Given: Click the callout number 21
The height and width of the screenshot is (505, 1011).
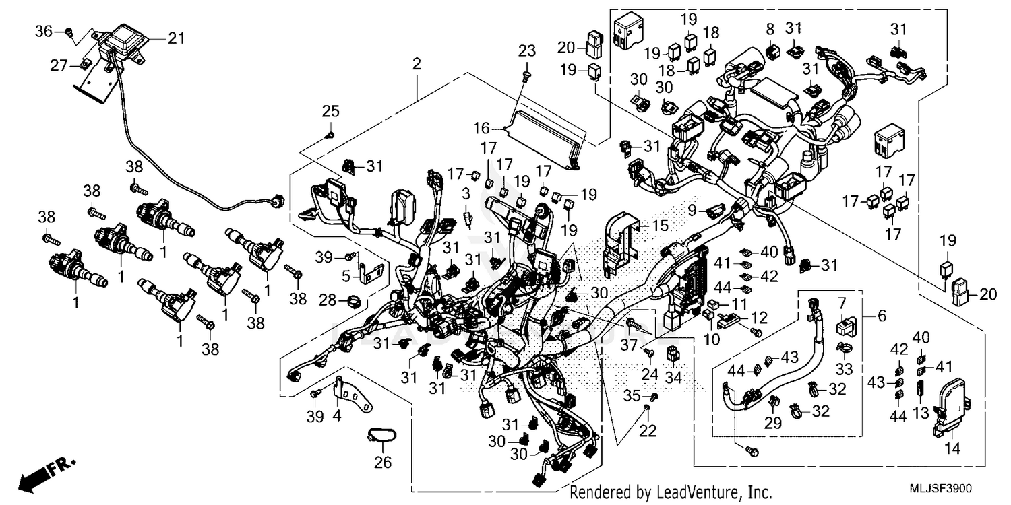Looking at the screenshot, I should (176, 39).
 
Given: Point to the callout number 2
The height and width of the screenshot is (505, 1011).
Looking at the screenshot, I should (417, 65).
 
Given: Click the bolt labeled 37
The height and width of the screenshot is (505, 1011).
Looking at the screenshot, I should (631, 325).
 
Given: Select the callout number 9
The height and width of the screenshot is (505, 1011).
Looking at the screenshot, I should (692, 211).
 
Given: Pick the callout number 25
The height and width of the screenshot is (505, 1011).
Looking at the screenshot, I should (330, 112).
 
